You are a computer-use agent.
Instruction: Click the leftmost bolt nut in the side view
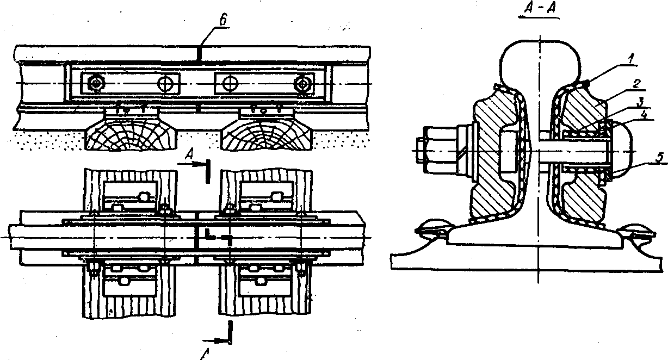96,83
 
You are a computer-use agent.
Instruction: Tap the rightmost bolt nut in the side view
301,84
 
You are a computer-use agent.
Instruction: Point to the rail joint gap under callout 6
200,53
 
